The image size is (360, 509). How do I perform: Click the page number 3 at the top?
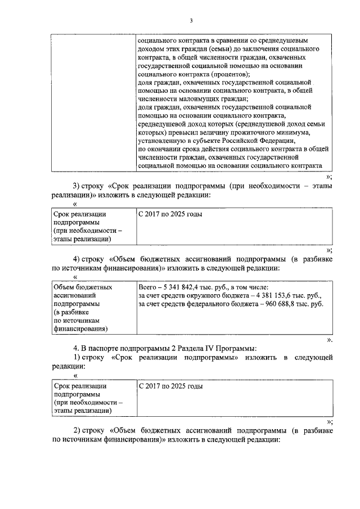click(191, 21)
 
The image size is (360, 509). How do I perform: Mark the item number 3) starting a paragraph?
click(78, 186)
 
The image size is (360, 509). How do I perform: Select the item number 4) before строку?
click(78, 259)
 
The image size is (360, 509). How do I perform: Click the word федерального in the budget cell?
click(212, 304)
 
